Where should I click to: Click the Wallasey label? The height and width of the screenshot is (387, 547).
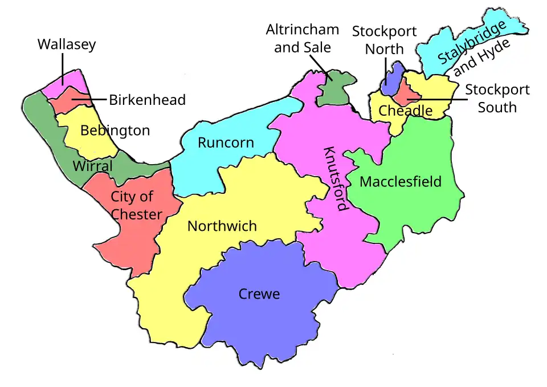click(x=67, y=44)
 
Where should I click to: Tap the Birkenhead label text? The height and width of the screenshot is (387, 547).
click(x=147, y=100)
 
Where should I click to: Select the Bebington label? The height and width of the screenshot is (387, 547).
click(x=115, y=131)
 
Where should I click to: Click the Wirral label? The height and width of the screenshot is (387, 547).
click(x=92, y=166)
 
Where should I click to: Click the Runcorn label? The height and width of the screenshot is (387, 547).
click(x=226, y=142)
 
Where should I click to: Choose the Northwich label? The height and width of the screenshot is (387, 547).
click(x=222, y=226)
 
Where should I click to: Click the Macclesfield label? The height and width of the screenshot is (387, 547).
click(x=401, y=182)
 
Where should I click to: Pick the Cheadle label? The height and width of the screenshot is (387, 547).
click(x=405, y=111)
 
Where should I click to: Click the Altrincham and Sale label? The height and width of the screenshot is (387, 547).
click(x=302, y=38)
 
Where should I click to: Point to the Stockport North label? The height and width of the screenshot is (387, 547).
click(x=384, y=40)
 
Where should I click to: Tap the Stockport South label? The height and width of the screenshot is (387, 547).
click(x=497, y=99)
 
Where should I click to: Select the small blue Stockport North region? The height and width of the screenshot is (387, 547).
click(x=391, y=80)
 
